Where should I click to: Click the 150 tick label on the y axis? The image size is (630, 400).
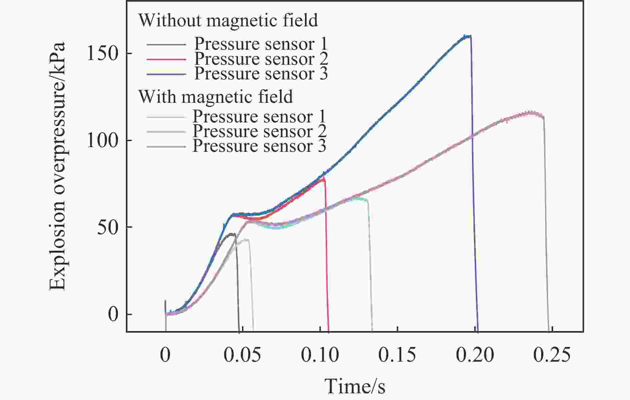coord(103,53)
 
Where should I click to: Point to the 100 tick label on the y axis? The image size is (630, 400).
coord(103,140)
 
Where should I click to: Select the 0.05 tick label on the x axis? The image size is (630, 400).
coord(242,355)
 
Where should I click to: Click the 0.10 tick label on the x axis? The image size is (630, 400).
coord(320,355)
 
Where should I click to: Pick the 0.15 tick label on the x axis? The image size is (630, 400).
coord(397,355)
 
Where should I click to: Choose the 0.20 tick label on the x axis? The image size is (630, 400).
coord(475,355)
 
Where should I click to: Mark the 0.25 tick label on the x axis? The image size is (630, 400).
coord(552,355)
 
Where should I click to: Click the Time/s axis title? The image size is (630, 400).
coord(355,386)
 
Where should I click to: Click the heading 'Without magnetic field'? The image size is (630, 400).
coord(228,20)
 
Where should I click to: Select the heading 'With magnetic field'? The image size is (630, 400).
coord(216,97)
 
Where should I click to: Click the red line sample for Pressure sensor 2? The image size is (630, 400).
coord(166,59)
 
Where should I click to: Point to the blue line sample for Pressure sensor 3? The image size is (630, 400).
coord(166,74)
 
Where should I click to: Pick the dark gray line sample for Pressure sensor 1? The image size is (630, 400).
coord(166,44)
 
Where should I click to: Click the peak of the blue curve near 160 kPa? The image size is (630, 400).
coord(466,36)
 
